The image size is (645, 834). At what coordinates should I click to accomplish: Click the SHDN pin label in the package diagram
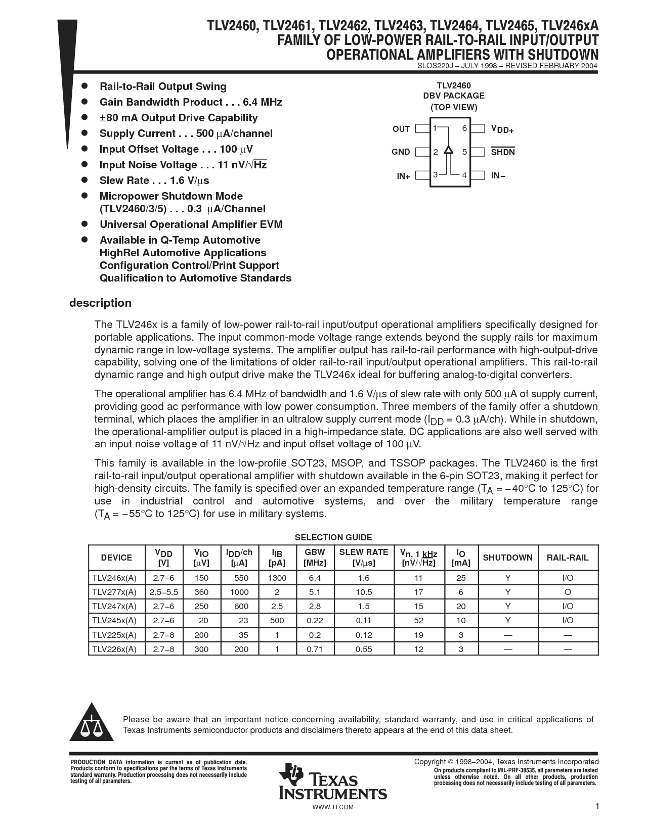(502, 152)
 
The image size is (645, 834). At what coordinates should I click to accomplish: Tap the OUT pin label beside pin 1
(401, 129)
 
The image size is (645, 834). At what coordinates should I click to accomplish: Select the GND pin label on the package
(401, 152)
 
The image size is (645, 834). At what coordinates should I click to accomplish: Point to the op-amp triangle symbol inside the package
(448, 150)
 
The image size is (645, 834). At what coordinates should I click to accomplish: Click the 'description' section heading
(100, 303)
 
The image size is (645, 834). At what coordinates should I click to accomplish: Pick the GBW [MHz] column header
(315, 558)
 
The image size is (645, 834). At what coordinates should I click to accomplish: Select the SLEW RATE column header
(364, 558)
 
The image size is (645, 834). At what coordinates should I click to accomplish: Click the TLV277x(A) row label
(114, 592)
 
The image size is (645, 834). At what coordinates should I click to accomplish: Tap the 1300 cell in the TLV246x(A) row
(277, 578)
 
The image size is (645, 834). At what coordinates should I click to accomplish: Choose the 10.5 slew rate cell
(364, 592)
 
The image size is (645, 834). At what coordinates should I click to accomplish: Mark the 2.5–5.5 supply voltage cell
(163, 592)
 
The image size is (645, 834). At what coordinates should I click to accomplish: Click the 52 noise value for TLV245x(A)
(418, 620)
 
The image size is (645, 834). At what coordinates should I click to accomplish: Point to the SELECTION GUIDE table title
(333, 537)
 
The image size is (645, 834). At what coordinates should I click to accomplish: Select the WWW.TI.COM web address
(333, 807)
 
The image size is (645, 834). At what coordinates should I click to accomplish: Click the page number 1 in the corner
(597, 806)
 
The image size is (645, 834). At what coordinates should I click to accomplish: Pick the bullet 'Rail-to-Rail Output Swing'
(163, 86)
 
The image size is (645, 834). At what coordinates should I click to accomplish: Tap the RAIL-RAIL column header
(568, 558)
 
